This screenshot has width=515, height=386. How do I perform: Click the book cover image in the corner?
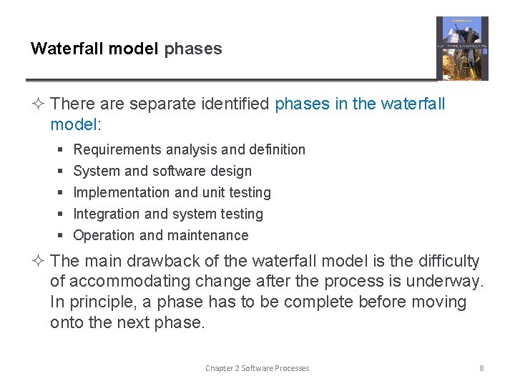click(x=462, y=48)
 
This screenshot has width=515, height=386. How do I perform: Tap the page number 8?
click(x=481, y=368)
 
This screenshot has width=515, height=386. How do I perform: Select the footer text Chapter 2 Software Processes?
click(x=257, y=368)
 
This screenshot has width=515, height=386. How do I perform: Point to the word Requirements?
click(x=117, y=149)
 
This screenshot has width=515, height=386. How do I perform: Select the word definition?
click(x=277, y=149)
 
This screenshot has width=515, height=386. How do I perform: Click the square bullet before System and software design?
click(x=61, y=172)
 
